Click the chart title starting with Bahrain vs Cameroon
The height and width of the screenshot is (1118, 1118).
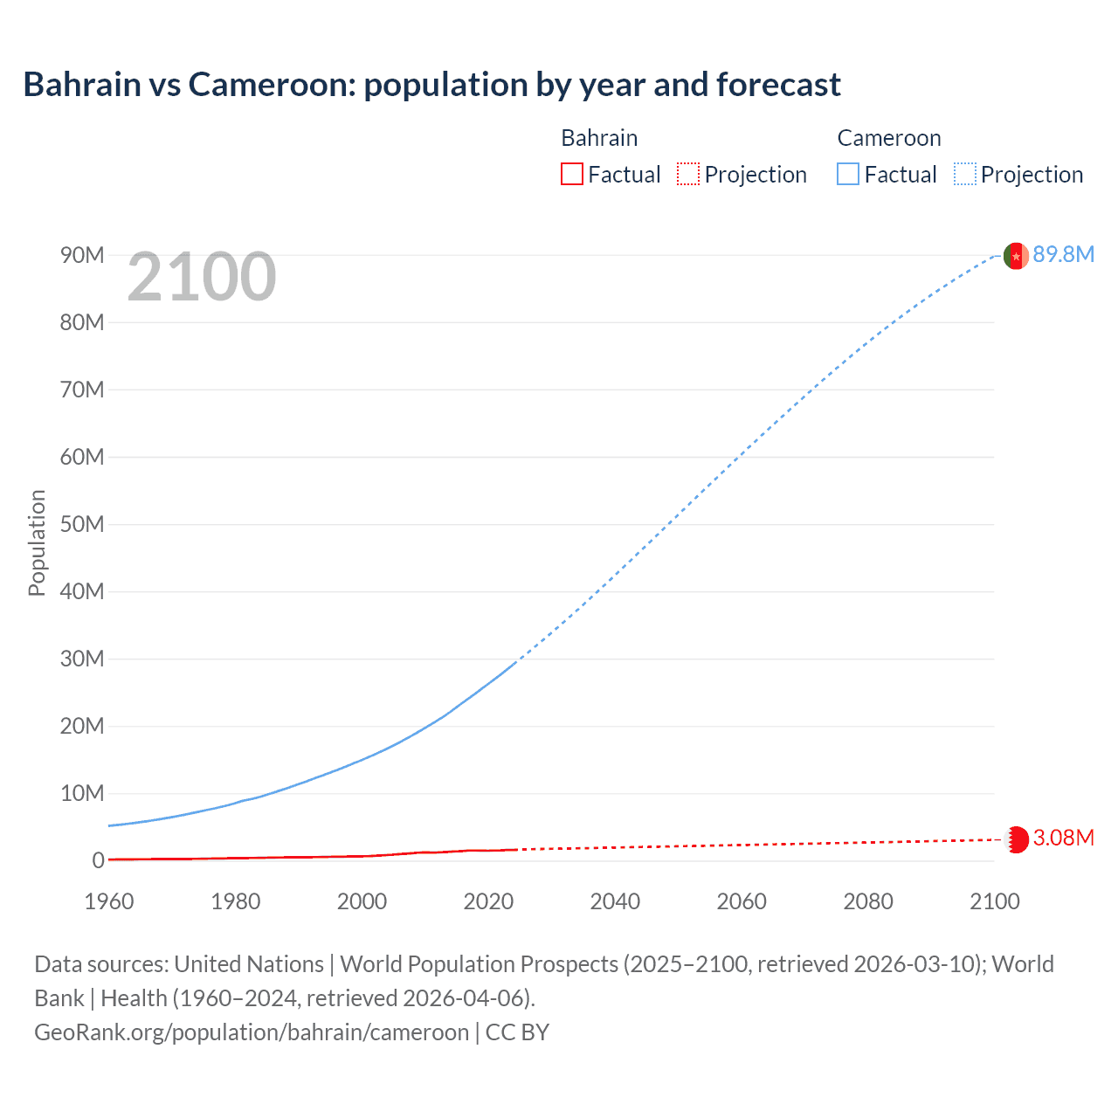431,85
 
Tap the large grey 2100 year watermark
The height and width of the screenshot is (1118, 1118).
202,278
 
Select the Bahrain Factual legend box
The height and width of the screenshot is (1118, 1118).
572,175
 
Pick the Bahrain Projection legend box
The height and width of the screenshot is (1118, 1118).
688,175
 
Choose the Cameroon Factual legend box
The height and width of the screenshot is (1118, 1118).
848,175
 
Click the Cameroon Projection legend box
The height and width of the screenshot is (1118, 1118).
964,175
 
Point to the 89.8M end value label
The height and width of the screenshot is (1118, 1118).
1063,255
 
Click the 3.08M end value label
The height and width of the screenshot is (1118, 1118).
1063,838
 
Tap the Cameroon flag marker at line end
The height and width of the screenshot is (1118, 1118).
1016,256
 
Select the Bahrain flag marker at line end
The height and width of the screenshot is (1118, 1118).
1017,839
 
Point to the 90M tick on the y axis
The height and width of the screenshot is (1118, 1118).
82,255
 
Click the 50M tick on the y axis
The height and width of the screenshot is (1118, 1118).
82,524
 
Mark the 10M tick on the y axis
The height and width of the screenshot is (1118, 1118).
82,793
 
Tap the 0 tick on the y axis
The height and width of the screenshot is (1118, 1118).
98,860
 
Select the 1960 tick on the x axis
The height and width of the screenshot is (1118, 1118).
109,901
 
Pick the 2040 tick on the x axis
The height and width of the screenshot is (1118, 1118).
615,901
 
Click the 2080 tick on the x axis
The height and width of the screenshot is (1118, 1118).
868,901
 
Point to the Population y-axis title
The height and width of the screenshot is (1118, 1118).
37,542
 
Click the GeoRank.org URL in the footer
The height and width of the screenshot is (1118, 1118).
252,1032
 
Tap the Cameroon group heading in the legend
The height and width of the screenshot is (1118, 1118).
889,138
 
